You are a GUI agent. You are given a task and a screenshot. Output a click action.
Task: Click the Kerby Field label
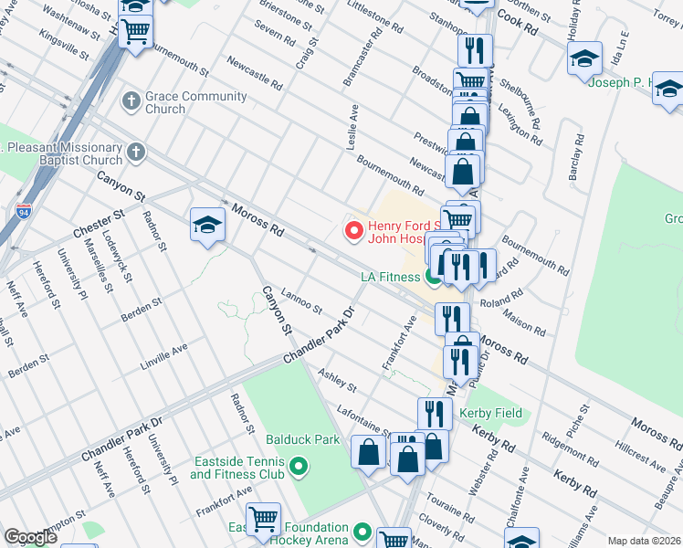click(x=491, y=414)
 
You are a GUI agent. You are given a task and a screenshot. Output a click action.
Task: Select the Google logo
click(x=30, y=538)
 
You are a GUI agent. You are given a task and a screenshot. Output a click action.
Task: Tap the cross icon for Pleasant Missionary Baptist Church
click(x=137, y=152)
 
